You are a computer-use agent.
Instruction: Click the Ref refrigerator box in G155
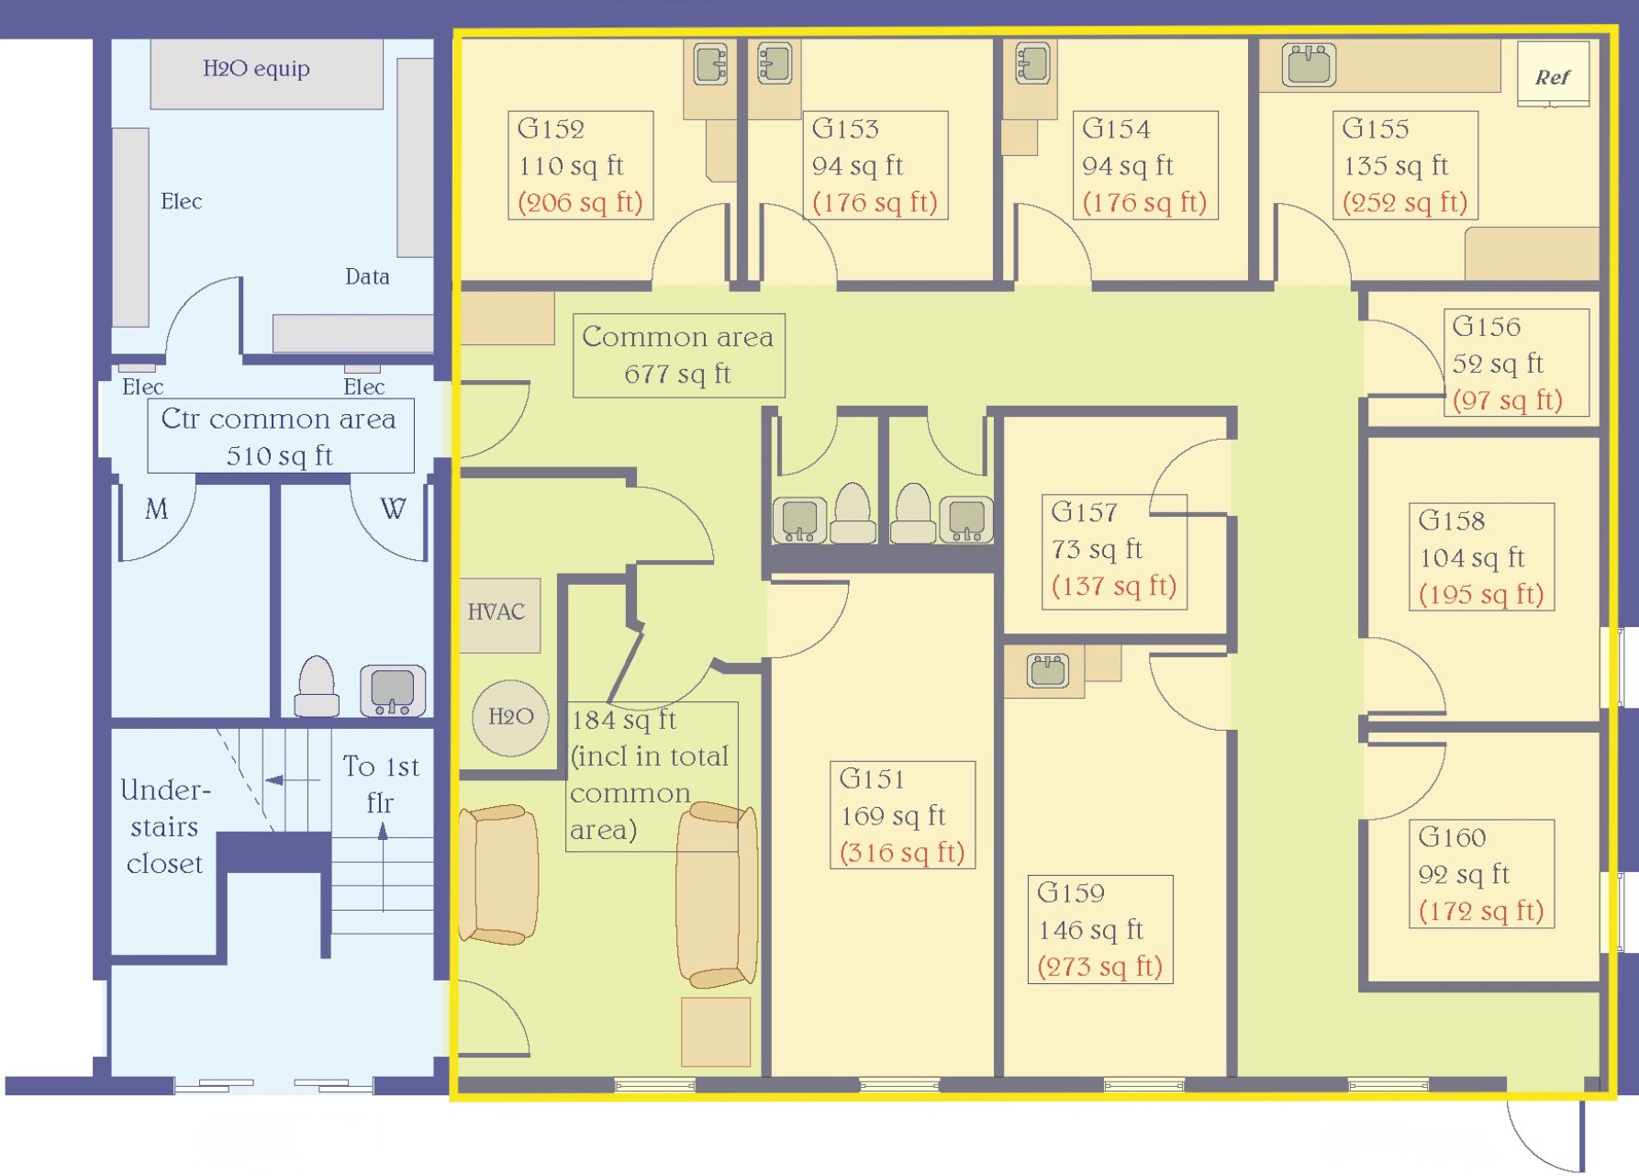[1553, 74]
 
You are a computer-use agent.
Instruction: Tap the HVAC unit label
[496, 612]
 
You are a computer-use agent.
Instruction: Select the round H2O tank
[510, 717]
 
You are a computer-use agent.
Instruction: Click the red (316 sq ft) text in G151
[902, 853]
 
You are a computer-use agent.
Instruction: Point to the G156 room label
[1486, 326]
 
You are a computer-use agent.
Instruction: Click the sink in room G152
[710, 64]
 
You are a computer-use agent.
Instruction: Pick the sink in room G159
[1047, 670]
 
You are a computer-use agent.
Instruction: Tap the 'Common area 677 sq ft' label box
[678, 355]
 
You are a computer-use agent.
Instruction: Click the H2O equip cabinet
[265, 73]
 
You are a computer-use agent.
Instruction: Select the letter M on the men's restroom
[157, 509]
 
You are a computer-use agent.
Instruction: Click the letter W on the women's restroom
[393, 509]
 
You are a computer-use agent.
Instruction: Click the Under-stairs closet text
[165, 826]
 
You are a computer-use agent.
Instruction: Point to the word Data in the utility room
[367, 276]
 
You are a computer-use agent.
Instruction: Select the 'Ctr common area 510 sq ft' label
[280, 436]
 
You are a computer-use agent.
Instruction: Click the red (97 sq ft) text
[1507, 400]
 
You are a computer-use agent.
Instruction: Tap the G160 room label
[1452, 837]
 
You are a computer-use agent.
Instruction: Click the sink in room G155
[1309, 64]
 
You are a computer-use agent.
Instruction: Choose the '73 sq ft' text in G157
[1097, 549]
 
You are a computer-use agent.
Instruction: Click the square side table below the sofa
[716, 1032]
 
